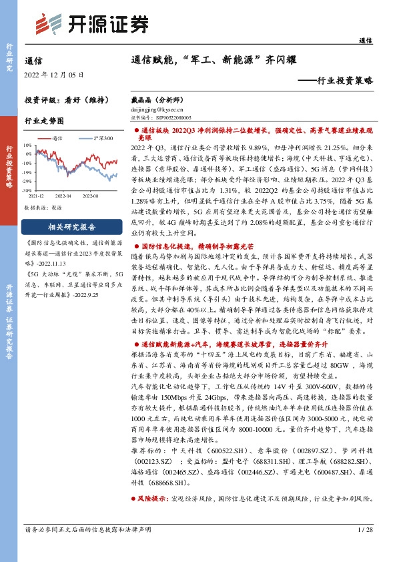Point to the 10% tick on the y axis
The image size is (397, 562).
[28, 144]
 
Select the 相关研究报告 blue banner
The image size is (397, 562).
[72, 226]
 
